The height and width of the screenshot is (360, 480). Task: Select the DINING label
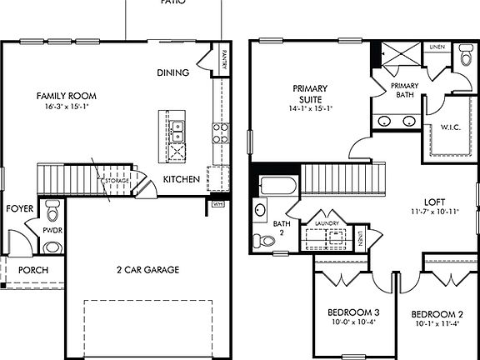172,72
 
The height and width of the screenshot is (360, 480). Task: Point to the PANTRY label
223,62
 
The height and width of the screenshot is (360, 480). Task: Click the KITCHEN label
181,179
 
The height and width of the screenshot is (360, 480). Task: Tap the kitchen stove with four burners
221,132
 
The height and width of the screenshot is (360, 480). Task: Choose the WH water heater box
219,202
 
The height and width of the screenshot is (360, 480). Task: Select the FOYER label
18,209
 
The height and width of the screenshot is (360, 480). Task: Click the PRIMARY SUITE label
310,93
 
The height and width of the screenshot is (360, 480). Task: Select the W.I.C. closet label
439,127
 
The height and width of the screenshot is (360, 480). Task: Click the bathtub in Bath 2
277,185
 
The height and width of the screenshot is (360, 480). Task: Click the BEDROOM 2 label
436,313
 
